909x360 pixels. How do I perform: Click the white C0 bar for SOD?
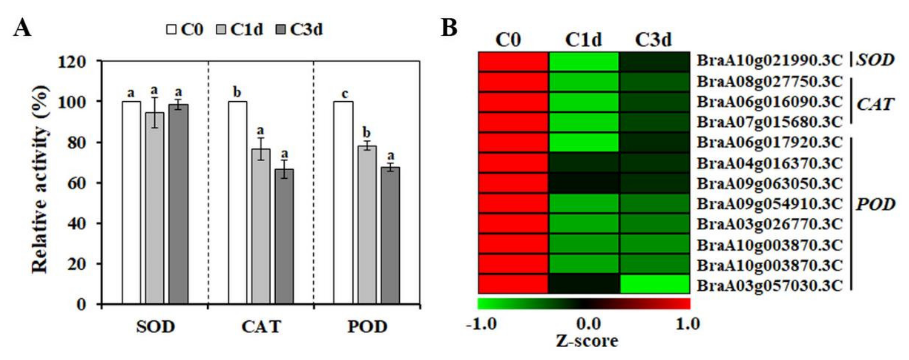click(x=131, y=203)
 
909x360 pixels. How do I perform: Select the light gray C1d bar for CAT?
click(x=261, y=226)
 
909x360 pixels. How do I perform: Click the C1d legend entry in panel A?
click(x=240, y=29)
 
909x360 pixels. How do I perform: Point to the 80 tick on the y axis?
click(x=76, y=143)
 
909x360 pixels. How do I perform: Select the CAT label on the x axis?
click(x=261, y=327)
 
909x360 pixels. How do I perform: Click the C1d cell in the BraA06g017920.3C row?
click(x=584, y=143)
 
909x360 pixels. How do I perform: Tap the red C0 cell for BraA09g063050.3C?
click(x=513, y=183)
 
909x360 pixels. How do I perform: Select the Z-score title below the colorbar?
click(x=587, y=341)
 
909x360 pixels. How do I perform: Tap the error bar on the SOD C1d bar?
click(x=155, y=112)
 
